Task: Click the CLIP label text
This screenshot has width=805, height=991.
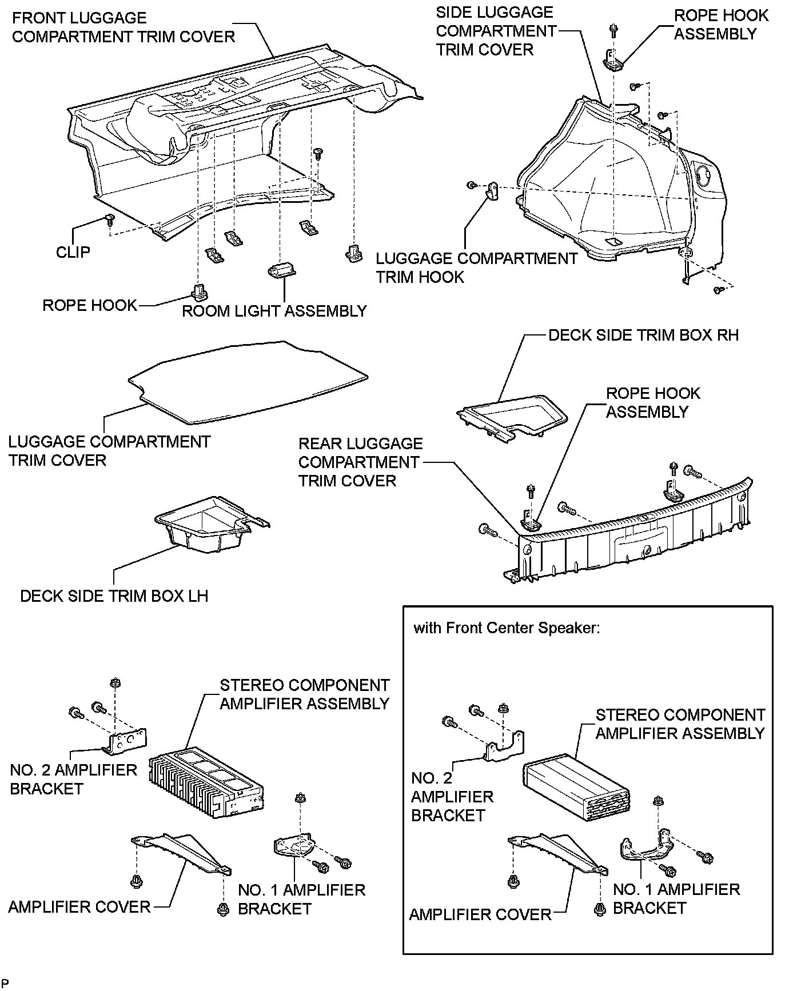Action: click(73, 252)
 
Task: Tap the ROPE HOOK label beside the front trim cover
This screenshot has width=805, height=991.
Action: click(90, 305)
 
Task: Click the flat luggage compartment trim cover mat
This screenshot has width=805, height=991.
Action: click(248, 382)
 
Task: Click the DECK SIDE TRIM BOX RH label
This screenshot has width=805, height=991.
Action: click(643, 335)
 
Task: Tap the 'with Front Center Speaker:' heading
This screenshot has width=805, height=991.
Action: click(507, 628)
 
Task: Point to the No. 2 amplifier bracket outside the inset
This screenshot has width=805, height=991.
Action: click(125, 742)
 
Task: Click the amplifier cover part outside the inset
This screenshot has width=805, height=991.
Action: click(181, 853)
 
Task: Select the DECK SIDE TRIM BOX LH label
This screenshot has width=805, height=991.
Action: click(114, 596)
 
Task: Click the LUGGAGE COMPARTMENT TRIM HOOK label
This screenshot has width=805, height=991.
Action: click(477, 267)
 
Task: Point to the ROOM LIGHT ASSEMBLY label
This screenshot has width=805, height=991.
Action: click(274, 311)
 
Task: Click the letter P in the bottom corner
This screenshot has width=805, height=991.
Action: click(5, 983)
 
